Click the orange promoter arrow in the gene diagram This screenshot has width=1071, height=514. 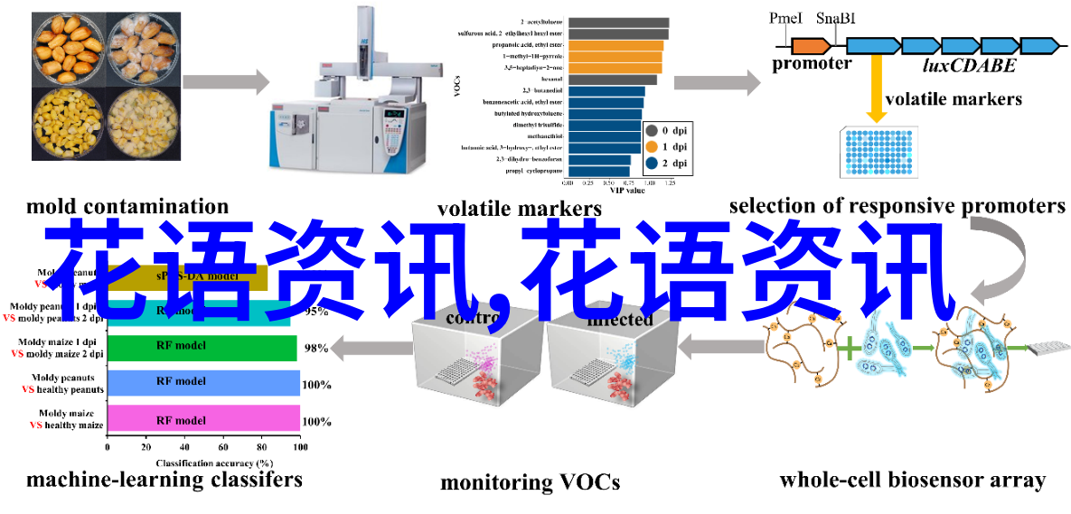[811, 44]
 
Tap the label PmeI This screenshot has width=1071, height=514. [785, 18]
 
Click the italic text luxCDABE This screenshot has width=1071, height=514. [969, 65]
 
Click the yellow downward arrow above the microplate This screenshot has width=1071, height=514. [875, 91]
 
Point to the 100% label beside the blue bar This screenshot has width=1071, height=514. [316, 385]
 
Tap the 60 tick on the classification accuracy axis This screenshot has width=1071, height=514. [222, 446]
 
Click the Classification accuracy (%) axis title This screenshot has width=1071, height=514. [202, 463]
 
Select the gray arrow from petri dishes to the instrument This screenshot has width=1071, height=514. [225, 83]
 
